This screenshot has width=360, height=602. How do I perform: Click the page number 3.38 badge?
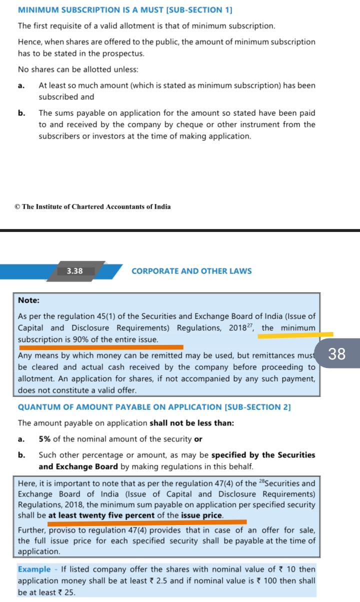tap(74, 271)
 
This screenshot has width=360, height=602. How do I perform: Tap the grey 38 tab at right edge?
tap(337, 353)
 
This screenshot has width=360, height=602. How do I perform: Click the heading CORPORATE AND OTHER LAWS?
tap(191, 271)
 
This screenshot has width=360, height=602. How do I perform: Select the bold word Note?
tap(28, 300)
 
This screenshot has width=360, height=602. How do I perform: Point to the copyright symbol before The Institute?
tap(17, 206)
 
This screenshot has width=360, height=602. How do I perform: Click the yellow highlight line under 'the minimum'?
tap(295, 335)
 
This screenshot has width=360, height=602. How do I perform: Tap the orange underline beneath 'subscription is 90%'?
tap(100, 346)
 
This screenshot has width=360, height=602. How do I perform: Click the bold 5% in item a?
tap(44, 439)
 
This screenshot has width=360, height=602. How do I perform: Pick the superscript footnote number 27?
tap(250, 325)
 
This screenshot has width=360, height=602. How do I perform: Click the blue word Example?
tap(34, 569)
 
